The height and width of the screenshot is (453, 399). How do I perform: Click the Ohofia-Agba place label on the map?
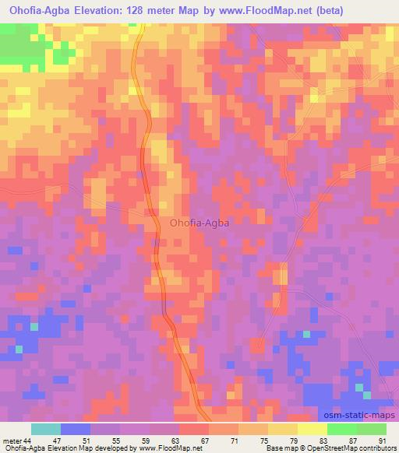[x=199, y=223]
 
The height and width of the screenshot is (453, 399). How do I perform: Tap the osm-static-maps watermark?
[x=358, y=414]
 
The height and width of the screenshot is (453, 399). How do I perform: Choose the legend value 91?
[x=382, y=441]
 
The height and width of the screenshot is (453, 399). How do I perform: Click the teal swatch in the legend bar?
[x=46, y=429]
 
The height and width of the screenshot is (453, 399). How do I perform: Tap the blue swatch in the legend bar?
[x=76, y=429]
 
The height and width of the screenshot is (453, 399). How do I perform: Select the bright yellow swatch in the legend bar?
[x=312, y=429]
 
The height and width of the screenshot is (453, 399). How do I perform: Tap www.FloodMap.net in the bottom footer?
[x=167, y=449]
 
